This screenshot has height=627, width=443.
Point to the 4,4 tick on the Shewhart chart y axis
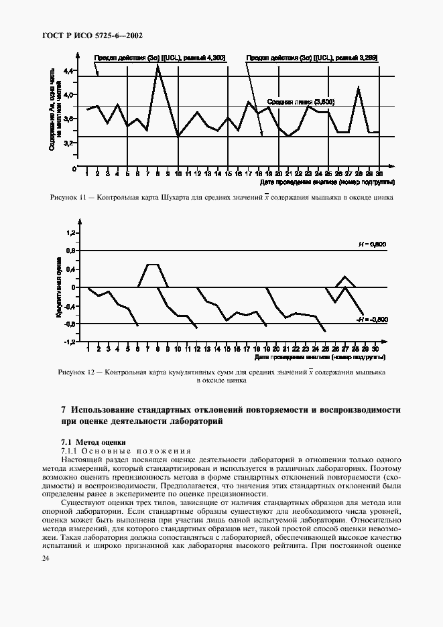(x=69, y=70)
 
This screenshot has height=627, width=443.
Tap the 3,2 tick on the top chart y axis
(x=69, y=143)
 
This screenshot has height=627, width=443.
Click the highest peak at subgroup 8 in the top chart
(x=157, y=65)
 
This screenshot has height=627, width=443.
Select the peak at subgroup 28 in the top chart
(x=359, y=87)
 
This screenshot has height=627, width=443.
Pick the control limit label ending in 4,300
(x=160, y=58)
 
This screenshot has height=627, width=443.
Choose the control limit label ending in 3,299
(x=312, y=58)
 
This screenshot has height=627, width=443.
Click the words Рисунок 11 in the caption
(x=66, y=198)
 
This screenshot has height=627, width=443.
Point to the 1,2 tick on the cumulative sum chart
(x=70, y=232)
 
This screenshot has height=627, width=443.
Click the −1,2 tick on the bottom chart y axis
(x=68, y=342)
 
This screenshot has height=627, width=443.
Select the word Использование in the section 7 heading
(x=109, y=409)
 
